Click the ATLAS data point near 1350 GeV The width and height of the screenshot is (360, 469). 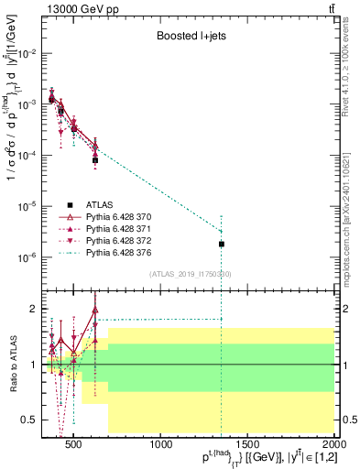pyautogui.click(x=222, y=244)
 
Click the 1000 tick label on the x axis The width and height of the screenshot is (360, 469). pyautogui.click(x=162, y=445)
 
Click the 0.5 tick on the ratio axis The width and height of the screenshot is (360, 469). pyautogui.click(x=32, y=420)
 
